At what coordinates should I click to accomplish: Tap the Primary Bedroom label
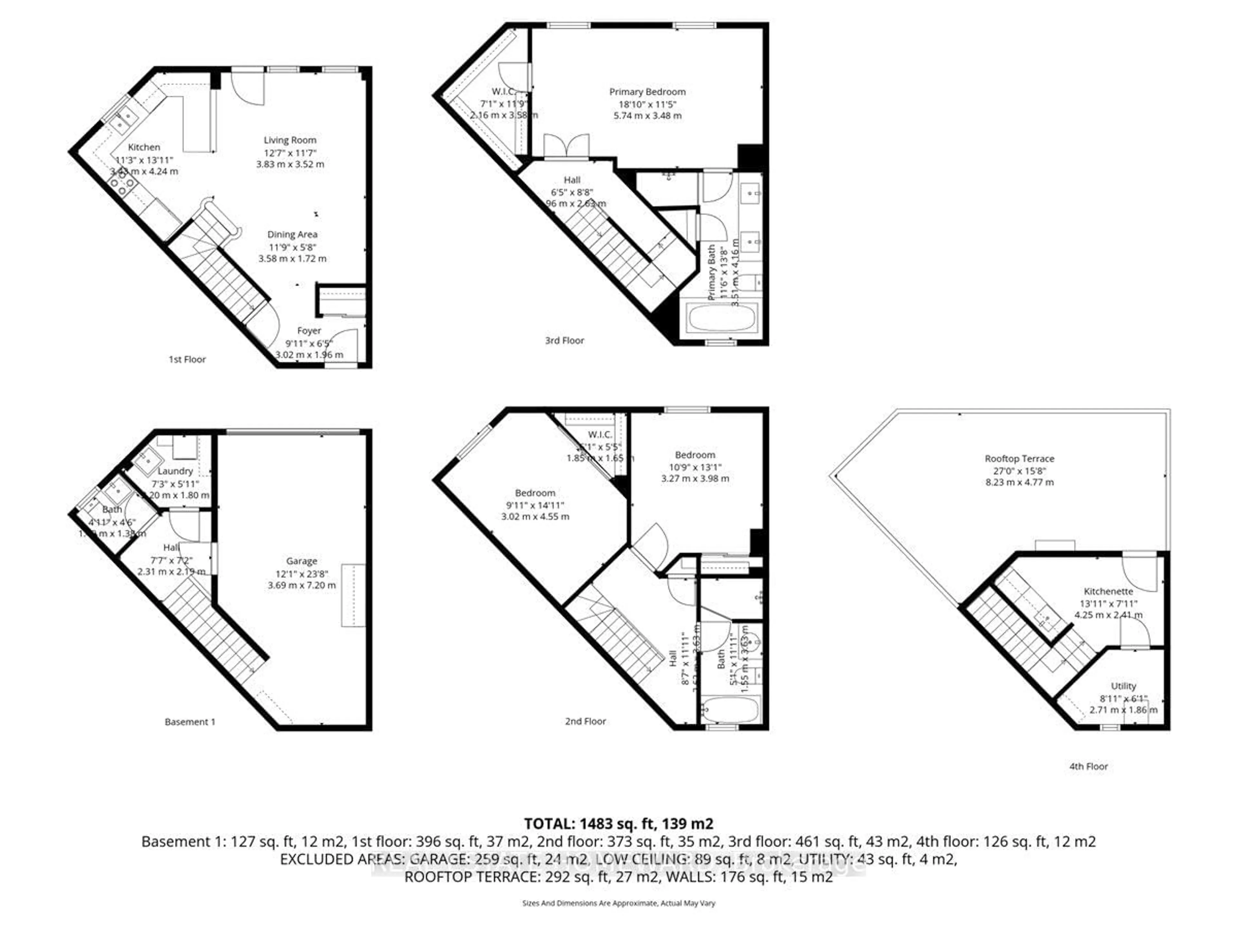[x=647, y=92]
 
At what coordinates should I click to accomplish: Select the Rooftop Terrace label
[x=1019, y=459]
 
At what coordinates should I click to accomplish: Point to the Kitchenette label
[x=1108, y=591]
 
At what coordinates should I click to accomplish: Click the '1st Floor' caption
[x=187, y=359]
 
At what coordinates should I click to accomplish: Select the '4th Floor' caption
[x=1088, y=766]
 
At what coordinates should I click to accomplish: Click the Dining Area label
[x=292, y=234]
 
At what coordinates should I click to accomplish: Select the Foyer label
[x=309, y=331]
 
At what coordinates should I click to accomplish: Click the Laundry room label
[x=175, y=471]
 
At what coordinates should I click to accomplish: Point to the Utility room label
[x=1123, y=686]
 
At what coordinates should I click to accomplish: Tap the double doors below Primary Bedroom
[x=566, y=147]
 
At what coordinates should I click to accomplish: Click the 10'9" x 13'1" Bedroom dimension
[x=695, y=467]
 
